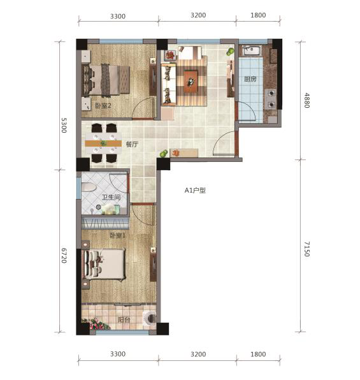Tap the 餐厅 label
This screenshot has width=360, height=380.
pos(132,145)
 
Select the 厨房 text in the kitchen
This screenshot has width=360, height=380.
pos(250,80)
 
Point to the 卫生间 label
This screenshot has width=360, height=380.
pos(113,198)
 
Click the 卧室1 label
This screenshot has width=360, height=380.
pos(117,236)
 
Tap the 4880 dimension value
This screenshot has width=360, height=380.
pos(306,101)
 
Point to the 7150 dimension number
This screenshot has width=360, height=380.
pos(306,249)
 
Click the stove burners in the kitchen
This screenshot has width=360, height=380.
pos(271,97)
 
